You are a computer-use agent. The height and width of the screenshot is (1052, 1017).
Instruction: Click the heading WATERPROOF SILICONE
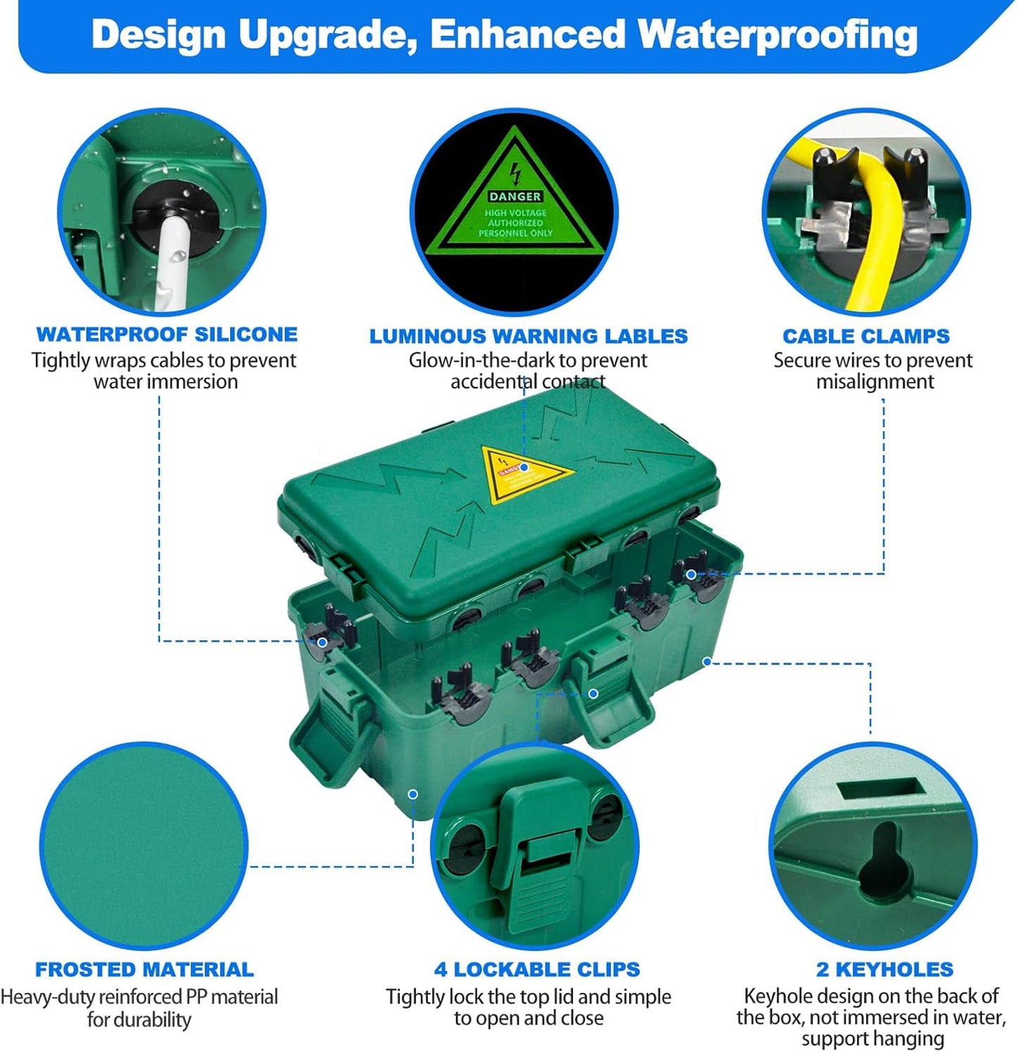[x=167, y=334]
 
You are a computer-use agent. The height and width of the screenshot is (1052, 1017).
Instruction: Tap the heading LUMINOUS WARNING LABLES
[x=528, y=336]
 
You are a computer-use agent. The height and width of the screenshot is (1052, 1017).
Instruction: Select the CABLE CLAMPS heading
[x=866, y=336]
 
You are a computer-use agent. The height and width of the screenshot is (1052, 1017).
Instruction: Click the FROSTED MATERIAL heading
[x=144, y=970]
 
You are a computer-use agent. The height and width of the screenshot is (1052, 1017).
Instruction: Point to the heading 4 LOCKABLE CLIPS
[x=537, y=970]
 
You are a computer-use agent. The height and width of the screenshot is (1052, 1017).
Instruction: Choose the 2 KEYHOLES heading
[x=885, y=970]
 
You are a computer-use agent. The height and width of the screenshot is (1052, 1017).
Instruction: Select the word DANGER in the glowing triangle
[x=515, y=196]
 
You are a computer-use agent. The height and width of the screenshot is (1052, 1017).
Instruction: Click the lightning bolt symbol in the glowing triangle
[x=516, y=172]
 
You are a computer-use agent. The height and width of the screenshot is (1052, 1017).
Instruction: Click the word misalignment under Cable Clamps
[x=875, y=381]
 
